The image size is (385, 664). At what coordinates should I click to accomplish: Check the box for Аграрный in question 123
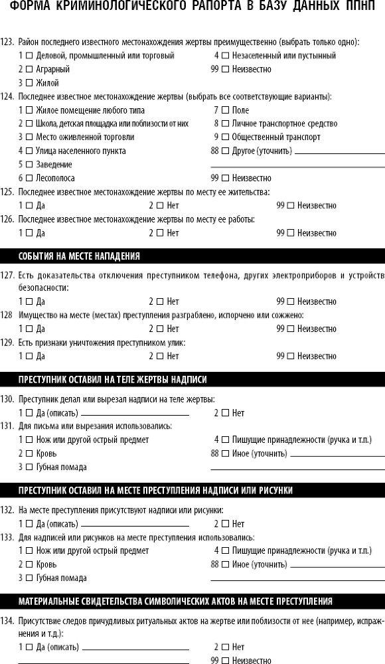tap(29, 69)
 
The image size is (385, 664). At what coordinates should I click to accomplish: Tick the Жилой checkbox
tap(29, 83)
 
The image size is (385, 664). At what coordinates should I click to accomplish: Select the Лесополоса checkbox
tap(29, 178)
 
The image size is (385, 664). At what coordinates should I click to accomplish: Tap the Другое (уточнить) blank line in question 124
tap(339, 153)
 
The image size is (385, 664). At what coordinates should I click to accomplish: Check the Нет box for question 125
tap(160, 206)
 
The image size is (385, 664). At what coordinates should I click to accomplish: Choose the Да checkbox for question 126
tap(29, 233)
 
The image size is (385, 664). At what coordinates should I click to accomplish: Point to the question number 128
tap(7, 314)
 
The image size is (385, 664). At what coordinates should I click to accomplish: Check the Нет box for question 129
tap(160, 356)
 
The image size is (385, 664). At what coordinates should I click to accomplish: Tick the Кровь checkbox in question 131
tap(29, 453)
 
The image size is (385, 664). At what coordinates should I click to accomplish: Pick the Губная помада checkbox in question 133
tap(29, 578)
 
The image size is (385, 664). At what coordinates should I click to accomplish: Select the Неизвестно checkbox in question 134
tap(224, 661)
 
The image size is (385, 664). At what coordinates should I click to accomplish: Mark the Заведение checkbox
tap(29, 164)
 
